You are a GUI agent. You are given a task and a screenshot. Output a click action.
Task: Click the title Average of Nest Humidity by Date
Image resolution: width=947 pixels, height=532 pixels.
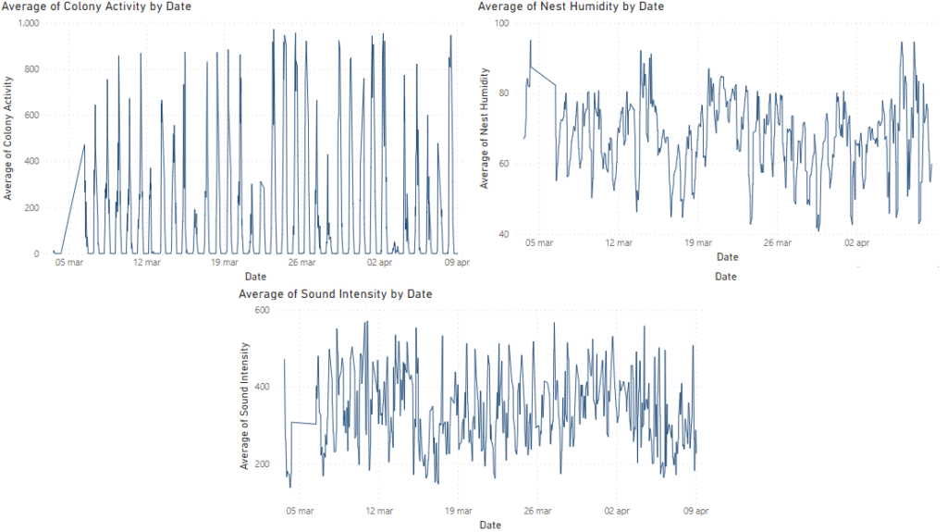(x=571, y=6)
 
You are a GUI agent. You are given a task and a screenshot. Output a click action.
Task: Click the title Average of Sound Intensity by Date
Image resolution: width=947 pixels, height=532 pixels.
(x=335, y=293)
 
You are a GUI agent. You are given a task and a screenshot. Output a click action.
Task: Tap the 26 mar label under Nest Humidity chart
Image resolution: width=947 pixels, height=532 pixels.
(x=779, y=243)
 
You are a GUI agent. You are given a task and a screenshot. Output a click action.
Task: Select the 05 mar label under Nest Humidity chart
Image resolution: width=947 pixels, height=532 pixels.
(x=539, y=243)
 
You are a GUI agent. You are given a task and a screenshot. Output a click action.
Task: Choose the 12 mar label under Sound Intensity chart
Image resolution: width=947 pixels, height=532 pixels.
(x=377, y=510)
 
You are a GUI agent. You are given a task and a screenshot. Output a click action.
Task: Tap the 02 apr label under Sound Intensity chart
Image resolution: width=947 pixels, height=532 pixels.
(x=618, y=510)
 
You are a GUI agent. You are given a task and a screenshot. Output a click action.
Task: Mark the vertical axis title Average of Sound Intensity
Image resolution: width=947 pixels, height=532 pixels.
(x=244, y=405)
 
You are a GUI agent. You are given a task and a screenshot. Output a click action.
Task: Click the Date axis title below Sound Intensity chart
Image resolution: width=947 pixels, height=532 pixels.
(x=490, y=525)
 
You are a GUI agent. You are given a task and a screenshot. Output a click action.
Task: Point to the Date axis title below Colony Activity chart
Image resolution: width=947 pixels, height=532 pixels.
(x=255, y=277)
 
